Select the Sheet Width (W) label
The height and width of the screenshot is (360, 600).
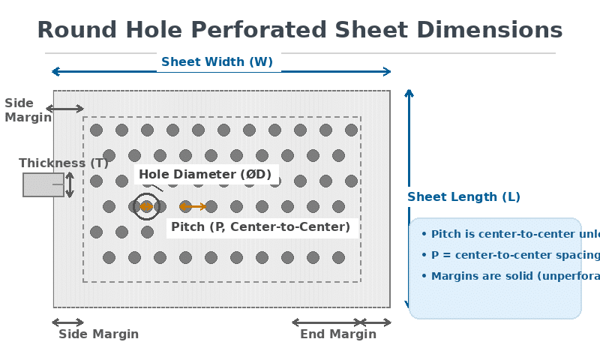pos(217,62)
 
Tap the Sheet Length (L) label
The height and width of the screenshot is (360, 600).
pos(463,197)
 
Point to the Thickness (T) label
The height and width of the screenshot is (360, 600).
pos(64,163)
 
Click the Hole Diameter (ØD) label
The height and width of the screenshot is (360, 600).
pos(205,175)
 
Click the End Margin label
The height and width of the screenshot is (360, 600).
pos(338,334)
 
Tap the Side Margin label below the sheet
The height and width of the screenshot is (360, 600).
pos(98,334)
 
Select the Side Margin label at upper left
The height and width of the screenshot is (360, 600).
pos(27,110)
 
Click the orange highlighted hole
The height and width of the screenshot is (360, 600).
pos(146,206)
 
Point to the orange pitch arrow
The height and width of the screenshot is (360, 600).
pos(193,206)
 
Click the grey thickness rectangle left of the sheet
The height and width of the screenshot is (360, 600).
pos(43,184)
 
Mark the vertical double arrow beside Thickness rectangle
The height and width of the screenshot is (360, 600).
pos(70,184)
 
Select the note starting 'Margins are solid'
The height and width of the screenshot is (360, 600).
pos(510,276)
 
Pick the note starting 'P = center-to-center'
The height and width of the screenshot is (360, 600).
pos(510,255)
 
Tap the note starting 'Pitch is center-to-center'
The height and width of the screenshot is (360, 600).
pos(510,234)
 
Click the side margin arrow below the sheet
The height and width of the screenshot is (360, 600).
pos(67,322)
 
